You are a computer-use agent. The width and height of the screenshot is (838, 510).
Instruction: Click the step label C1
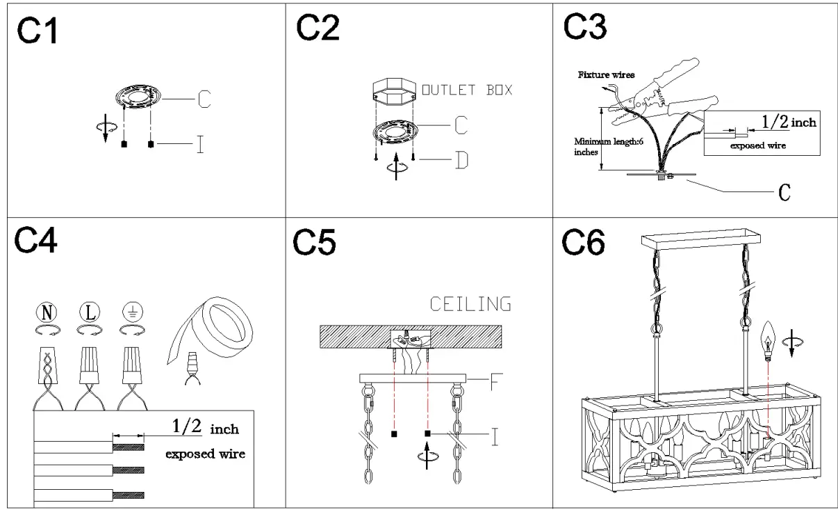pos(39,31)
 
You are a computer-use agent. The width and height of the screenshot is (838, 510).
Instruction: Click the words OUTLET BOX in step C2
pos(468,90)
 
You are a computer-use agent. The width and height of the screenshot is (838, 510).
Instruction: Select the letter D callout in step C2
pos(461,161)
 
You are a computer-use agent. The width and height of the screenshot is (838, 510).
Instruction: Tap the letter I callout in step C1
pos(200,145)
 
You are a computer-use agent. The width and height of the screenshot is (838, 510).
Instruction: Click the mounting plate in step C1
pos(138,97)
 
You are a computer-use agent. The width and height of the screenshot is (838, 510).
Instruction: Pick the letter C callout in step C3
pos(784,192)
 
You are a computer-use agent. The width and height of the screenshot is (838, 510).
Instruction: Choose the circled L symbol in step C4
pos(89,311)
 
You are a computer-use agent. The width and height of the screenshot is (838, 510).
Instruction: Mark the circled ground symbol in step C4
pos(131,311)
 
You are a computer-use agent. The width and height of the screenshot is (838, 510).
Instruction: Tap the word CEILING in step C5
pos(470,304)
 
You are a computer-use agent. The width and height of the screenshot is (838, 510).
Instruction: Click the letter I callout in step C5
pos(495,436)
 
